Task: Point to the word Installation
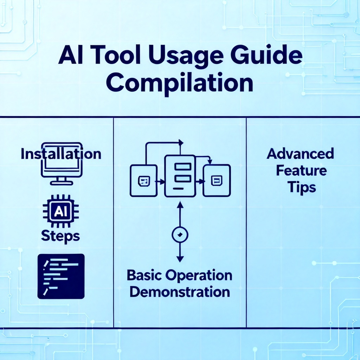(x=61, y=154)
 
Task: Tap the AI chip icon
(x=61, y=211)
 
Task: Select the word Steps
(x=60, y=236)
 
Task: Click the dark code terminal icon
(x=61, y=276)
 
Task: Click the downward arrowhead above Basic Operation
(x=180, y=259)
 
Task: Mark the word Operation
(x=199, y=276)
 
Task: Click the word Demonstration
(x=180, y=292)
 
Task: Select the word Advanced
(x=300, y=154)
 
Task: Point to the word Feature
(x=301, y=171)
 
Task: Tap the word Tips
(x=301, y=188)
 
